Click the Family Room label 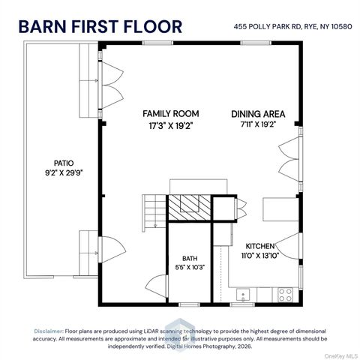171,114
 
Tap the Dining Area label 258,114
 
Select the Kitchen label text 260,246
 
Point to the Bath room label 190,259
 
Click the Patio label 64,163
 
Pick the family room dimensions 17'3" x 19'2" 171,126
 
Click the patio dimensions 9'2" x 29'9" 64,172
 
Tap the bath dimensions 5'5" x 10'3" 190,268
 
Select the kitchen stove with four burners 286,295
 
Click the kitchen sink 243,295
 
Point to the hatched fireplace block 189,208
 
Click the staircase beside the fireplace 154,213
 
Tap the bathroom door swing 156,286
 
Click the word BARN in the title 43,26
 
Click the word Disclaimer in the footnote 49,331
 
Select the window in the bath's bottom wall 189,304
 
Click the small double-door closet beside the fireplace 241,208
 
